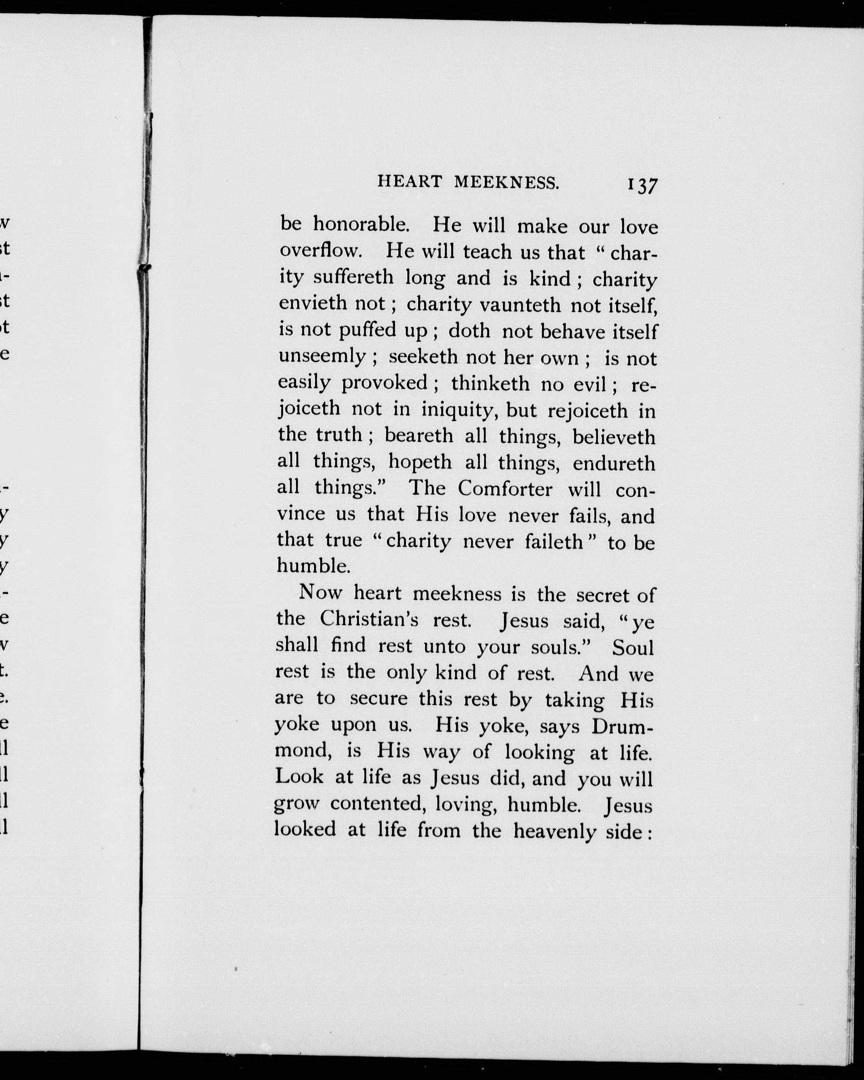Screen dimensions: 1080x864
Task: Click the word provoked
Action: [x=384, y=383]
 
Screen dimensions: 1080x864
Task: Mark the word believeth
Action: [x=614, y=437]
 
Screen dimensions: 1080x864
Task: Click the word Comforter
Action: [x=505, y=488]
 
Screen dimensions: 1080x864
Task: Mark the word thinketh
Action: [x=490, y=384]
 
